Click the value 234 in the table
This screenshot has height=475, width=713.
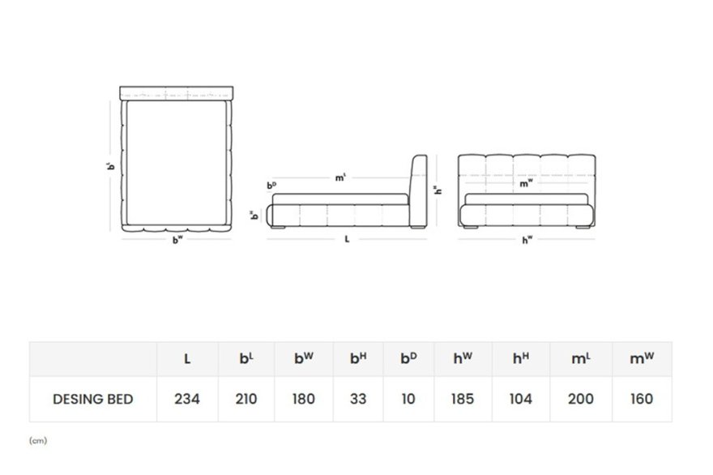point(187,399)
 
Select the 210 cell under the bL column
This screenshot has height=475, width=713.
point(246,399)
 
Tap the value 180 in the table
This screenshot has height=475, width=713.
point(303,399)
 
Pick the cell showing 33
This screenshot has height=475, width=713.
point(358,399)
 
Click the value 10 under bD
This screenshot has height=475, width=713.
point(408,399)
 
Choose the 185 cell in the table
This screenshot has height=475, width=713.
point(463,399)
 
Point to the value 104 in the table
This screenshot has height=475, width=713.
point(521,399)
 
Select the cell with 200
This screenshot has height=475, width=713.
point(581,399)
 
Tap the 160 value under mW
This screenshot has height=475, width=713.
point(642,399)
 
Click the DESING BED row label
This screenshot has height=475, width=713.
point(92,399)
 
